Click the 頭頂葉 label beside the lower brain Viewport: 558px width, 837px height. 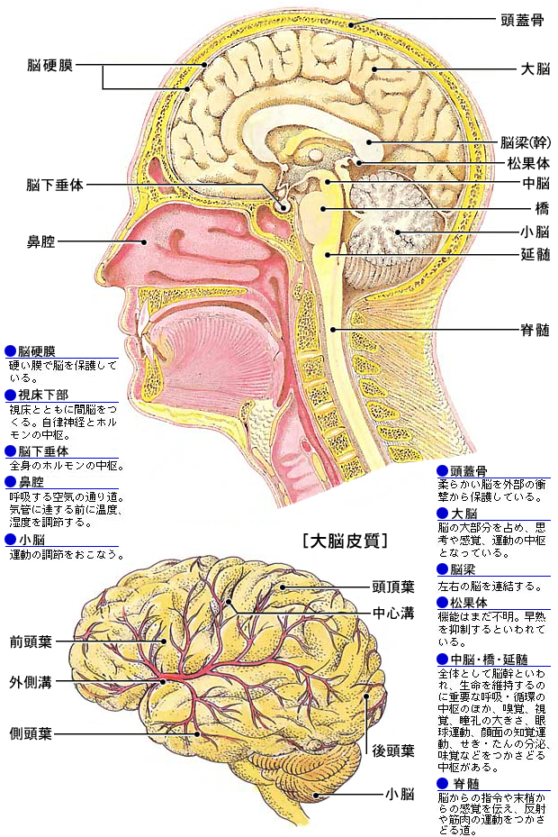tap(393, 587)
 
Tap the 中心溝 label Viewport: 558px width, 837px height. tap(393, 613)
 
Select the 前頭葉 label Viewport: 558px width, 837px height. tap(31, 641)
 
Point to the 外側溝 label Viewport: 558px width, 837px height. tap(31, 682)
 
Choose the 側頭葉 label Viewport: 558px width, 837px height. tap(31, 732)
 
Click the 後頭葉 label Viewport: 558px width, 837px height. tap(393, 751)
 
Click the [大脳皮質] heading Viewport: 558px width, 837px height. tap(345, 541)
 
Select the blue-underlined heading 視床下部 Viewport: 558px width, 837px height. tap(43, 395)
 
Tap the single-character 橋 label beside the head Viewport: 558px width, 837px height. tap(542, 207)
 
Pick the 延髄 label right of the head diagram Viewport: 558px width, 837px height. tap(535, 254)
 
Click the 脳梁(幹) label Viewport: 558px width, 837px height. tap(526, 142)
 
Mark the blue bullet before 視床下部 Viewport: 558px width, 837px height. tap(11, 395)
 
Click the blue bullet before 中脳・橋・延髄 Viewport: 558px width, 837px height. tap(443, 660)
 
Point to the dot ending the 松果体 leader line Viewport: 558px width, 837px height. tap(360, 163)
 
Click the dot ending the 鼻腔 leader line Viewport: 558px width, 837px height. tap(144, 241)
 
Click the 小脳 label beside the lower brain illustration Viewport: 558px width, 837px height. tap(400, 794)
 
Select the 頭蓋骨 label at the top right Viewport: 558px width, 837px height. tap(522, 21)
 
